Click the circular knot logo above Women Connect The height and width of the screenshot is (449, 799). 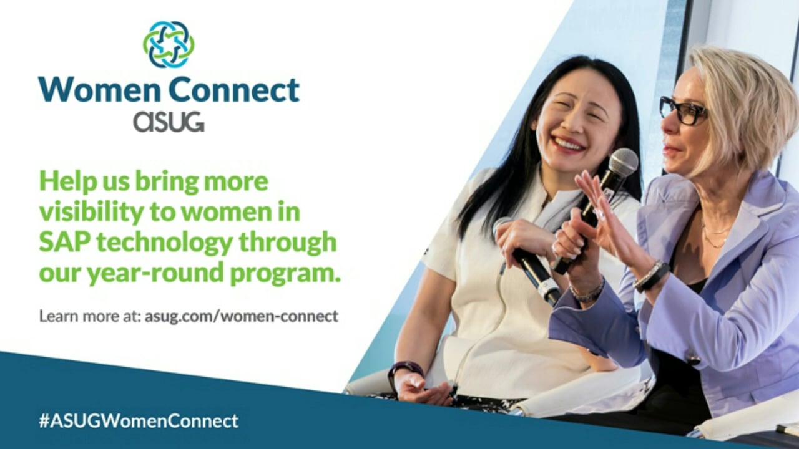169,44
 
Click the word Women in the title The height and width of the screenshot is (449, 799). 99,89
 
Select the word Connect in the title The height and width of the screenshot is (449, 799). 234,89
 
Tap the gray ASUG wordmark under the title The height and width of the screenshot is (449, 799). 169,122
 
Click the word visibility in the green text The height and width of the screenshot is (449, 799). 91,213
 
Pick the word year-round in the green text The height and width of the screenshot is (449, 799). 155,273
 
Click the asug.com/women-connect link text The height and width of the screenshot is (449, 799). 242,316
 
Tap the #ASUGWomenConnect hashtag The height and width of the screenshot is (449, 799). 139,421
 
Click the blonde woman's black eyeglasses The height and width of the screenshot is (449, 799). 682,111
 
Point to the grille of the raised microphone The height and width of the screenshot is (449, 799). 623,162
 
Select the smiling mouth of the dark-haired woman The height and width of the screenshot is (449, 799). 568,144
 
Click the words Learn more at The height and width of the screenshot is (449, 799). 90,316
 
